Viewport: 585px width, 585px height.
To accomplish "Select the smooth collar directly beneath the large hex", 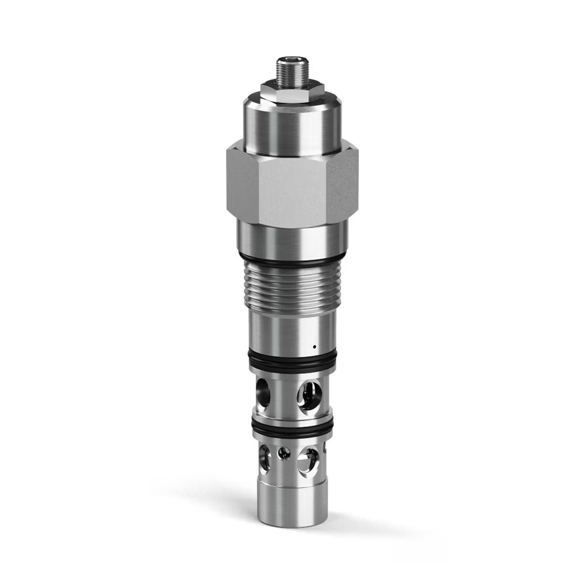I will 291,240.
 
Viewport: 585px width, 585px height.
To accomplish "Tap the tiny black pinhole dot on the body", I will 314,346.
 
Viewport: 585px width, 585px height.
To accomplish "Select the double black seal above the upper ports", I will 291,362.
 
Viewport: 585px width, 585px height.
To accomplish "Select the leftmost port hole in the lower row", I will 264,457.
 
